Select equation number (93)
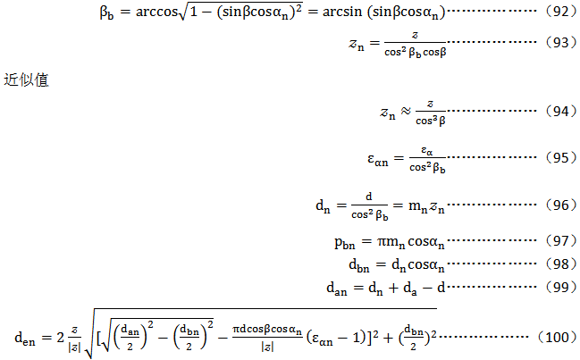coord(558,41)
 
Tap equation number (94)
coord(558,112)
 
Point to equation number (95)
coord(558,158)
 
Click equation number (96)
coord(558,205)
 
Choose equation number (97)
coord(558,241)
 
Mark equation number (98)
coord(558,264)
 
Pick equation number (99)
coord(558,288)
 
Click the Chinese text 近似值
coord(25,80)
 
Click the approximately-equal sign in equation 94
coord(405,113)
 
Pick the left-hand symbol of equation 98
coord(357,265)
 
